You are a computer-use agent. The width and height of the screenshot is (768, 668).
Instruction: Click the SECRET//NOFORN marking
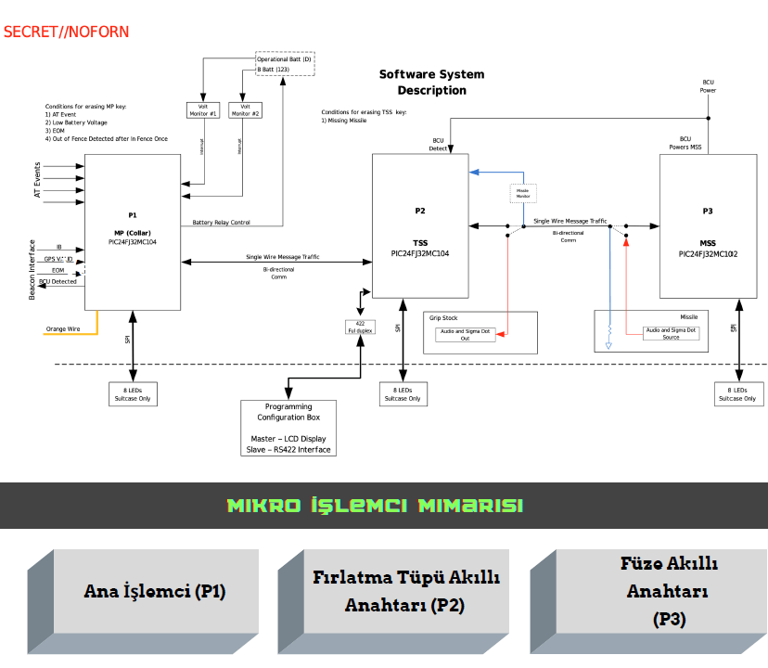coord(66,32)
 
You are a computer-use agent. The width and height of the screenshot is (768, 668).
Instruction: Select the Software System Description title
coord(431,82)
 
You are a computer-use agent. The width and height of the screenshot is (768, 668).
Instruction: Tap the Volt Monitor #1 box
coord(202,109)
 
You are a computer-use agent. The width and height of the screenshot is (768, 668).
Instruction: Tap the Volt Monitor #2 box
coord(245,109)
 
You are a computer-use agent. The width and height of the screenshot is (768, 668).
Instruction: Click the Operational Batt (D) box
coord(285,59)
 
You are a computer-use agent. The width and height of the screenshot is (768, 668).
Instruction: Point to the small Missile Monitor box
coord(523,194)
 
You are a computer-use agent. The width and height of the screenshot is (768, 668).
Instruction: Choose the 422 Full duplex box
coord(359,327)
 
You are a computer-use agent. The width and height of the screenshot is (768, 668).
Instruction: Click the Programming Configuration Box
coord(288,428)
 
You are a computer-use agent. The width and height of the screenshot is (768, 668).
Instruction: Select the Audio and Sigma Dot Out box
coord(465,334)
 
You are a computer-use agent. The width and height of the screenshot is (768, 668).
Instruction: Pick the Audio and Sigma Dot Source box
coord(671,333)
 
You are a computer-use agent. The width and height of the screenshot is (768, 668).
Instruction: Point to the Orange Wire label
coord(63,328)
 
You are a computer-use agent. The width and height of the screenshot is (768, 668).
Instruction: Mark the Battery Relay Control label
coord(221,223)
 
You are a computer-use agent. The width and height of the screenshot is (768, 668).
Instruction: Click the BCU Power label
coord(708,86)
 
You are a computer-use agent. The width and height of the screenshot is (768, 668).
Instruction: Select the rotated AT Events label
coord(38,181)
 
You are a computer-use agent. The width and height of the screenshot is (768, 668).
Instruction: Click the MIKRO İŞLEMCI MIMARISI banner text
coord(375,506)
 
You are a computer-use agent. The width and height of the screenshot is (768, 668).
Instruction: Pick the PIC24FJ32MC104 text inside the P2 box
coord(419,252)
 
